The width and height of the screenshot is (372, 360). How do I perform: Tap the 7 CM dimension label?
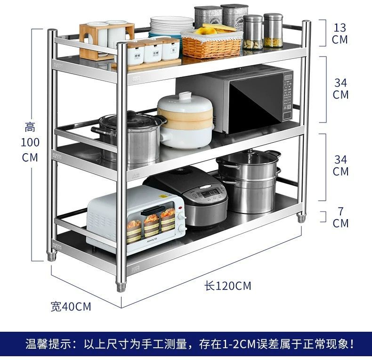tap(340, 217)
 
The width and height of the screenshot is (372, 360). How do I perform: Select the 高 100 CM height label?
tap(30, 142)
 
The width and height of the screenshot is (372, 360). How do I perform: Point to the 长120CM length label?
tap(228, 286)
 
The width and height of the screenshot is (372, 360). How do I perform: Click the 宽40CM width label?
tap(71, 307)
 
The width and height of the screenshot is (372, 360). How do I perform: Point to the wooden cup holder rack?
tap(106, 40)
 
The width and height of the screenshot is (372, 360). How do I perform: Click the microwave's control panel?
tap(287, 97)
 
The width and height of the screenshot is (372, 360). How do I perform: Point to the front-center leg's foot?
tap(121, 286)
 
